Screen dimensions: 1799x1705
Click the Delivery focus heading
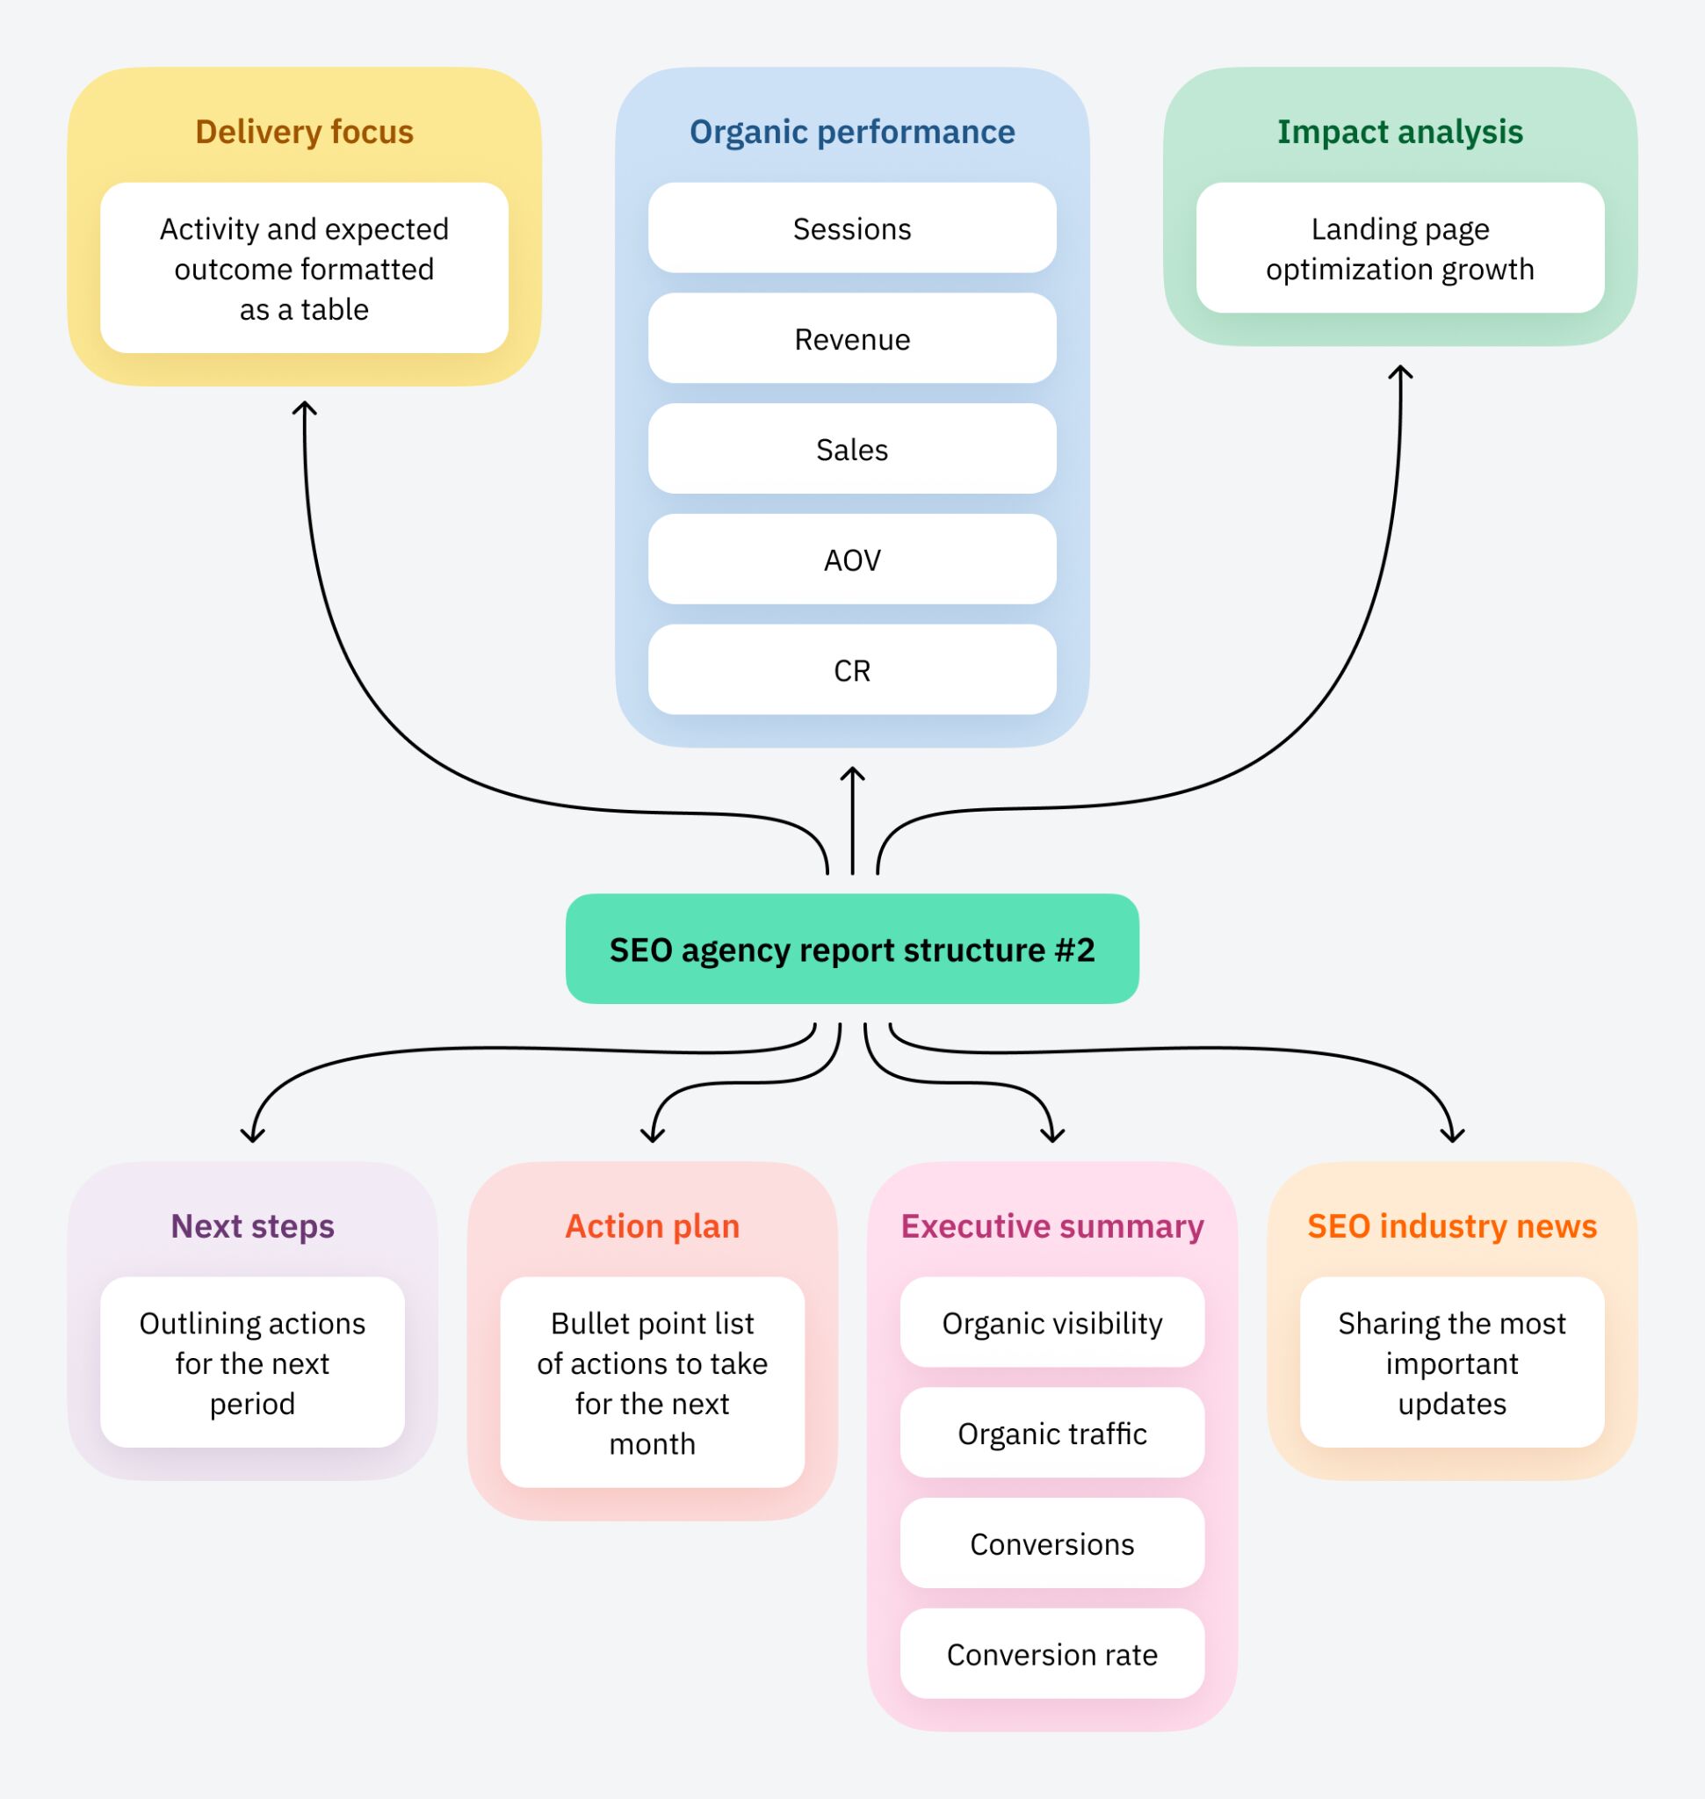[305, 132]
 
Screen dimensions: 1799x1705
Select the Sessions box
[851, 228]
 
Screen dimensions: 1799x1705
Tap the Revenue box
[851, 339]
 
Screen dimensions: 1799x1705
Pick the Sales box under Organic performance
[851, 449]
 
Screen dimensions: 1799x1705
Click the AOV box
[851, 560]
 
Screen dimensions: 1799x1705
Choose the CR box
[851, 670]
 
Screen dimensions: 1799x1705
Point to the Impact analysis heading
[1399, 132]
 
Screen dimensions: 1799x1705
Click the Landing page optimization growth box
[1399, 249]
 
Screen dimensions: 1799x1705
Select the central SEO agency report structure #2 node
[851, 949]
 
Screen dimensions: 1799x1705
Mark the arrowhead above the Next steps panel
[253, 1136]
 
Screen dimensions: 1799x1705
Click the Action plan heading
[652, 1226]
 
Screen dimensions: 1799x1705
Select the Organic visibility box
[1051, 1323]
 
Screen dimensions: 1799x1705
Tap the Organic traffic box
[1051, 1434]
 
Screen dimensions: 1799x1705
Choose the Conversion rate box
[1051, 1654]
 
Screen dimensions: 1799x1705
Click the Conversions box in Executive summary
[1051, 1543]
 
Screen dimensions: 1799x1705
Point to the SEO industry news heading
[1451, 1226]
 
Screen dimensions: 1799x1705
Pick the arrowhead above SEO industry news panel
[1452, 1136]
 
